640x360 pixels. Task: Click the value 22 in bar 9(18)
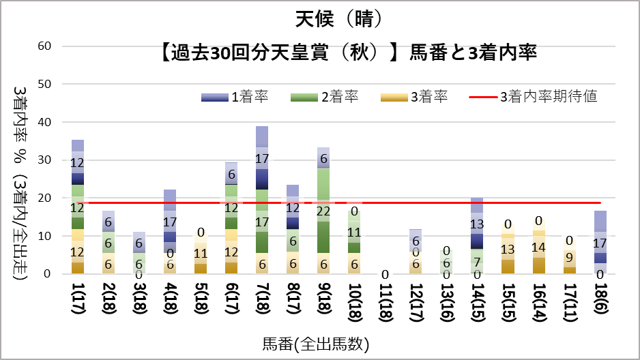[x=323, y=211]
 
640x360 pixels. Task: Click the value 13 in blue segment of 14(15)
[x=478, y=224]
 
